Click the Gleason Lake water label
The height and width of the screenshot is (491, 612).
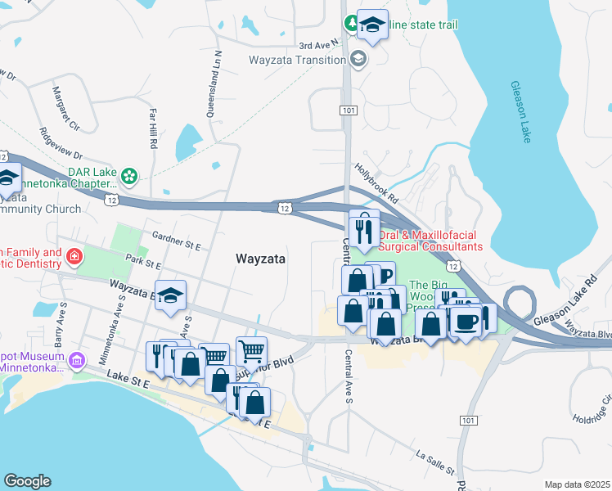520,111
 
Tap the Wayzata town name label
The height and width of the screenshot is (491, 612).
260,259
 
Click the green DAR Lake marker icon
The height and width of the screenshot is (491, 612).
128,175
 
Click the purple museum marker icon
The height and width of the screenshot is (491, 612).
77,360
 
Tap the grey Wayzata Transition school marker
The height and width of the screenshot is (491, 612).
358,59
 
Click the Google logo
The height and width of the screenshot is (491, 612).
27,481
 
